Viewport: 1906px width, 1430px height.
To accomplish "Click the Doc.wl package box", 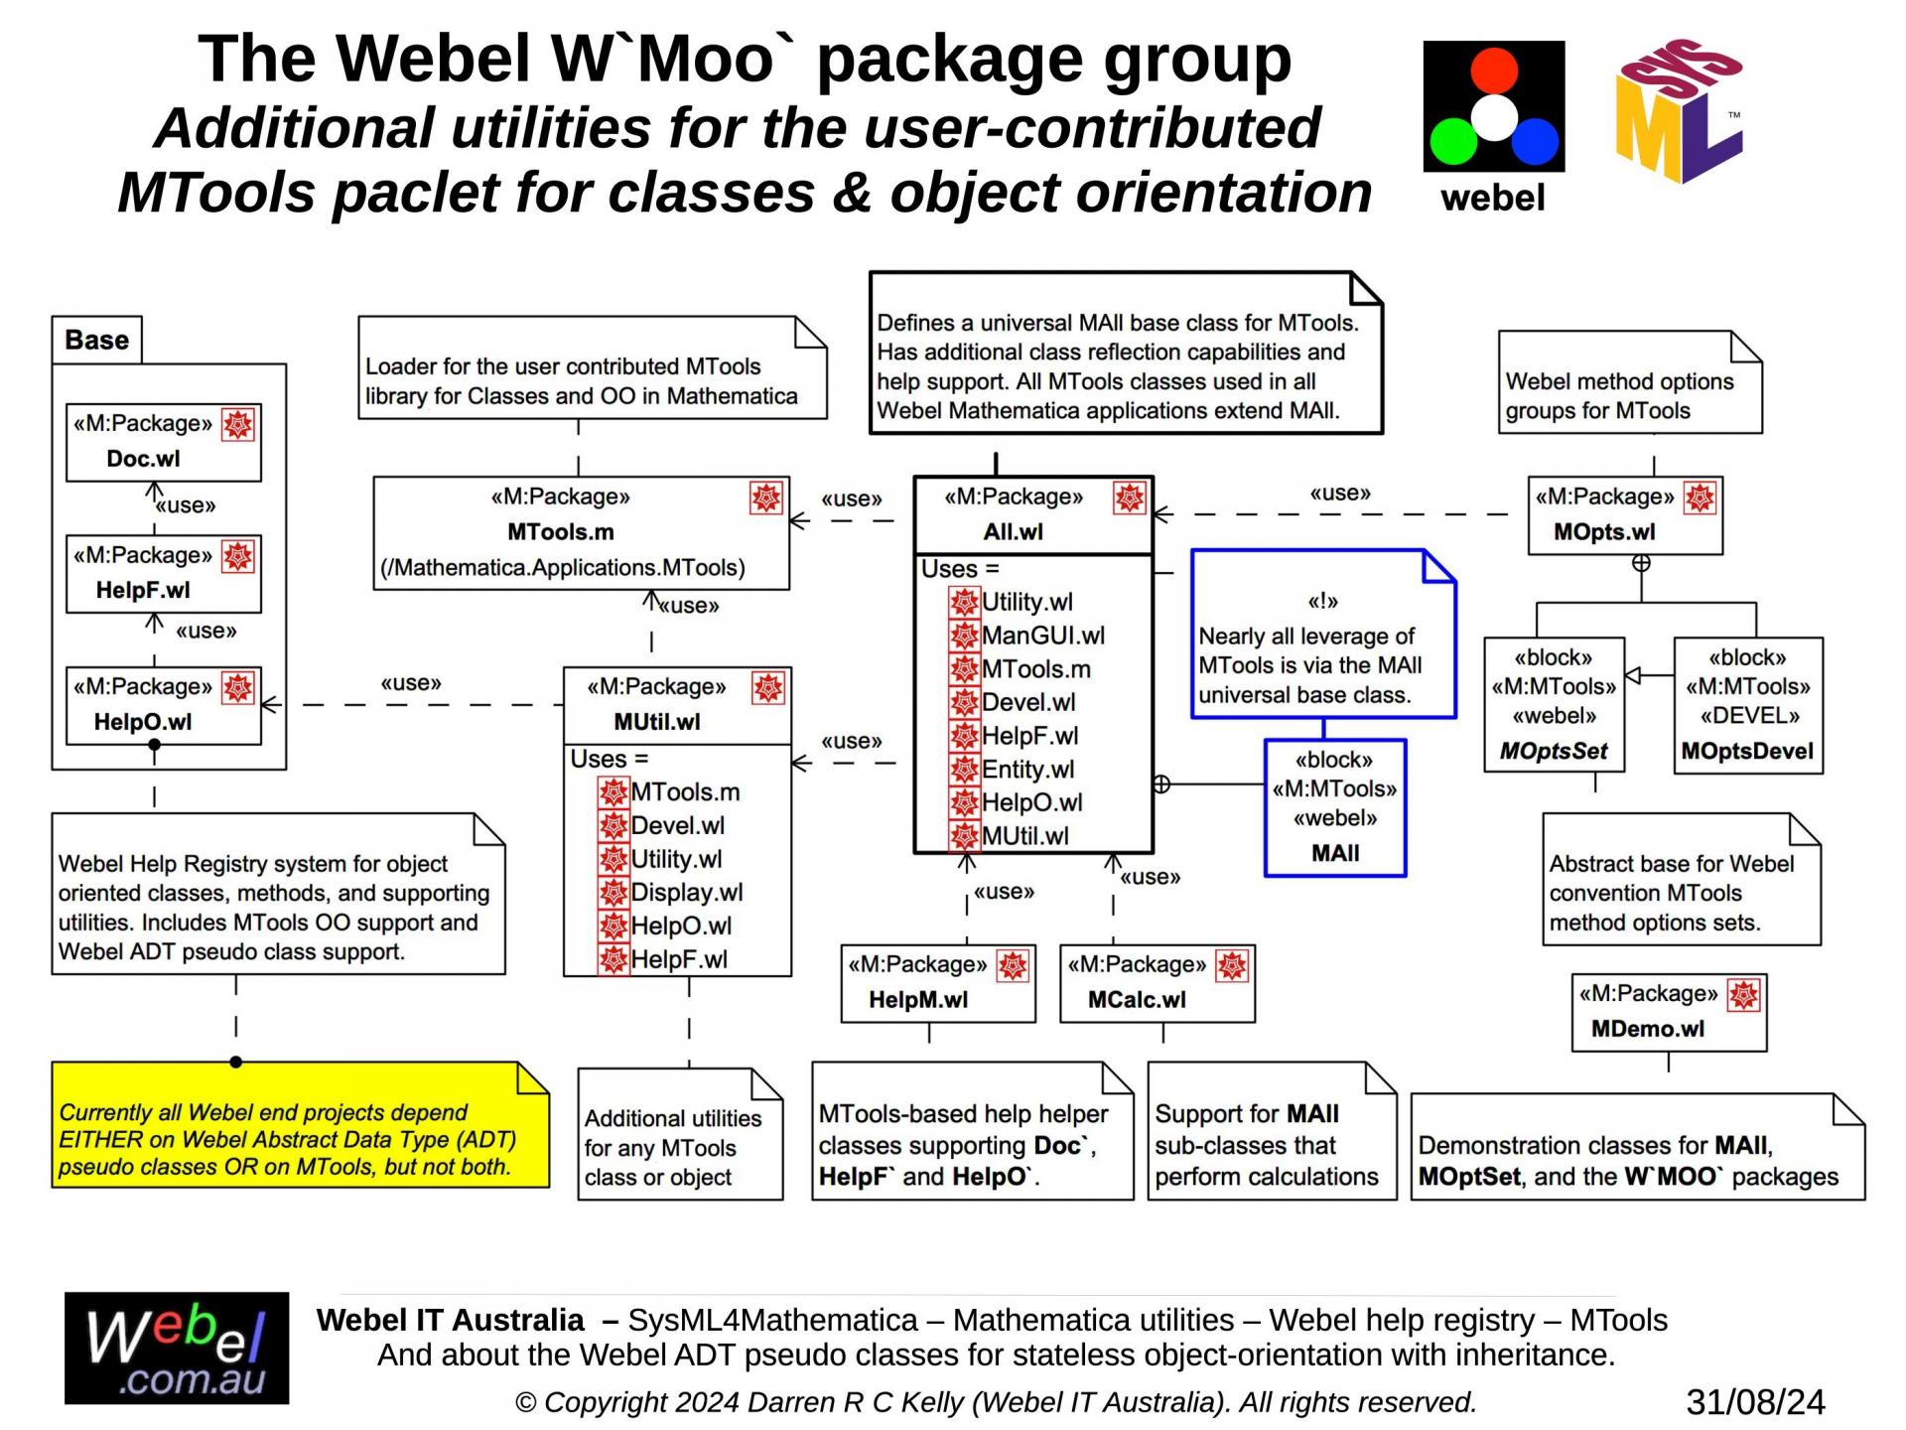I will (163, 442).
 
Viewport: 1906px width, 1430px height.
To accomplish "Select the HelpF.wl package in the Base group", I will (163, 574).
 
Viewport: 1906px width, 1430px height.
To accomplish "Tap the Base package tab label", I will (97, 340).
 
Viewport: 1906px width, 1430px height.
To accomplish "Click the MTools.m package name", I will (560, 532).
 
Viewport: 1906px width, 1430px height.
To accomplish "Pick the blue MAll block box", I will (1334, 807).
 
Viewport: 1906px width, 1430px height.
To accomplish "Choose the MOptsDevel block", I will (1747, 705).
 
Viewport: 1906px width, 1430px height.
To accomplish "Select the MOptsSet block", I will (1554, 705).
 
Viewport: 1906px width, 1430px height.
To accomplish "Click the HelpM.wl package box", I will (937, 983).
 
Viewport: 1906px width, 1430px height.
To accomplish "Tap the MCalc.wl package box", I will (1157, 983).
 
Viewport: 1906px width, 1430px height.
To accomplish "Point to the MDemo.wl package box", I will (1669, 1012).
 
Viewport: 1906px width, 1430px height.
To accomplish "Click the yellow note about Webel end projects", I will (300, 1125).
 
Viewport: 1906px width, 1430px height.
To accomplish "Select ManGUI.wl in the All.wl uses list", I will (1042, 636).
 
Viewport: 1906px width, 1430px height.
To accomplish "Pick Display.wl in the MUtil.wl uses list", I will (686, 893).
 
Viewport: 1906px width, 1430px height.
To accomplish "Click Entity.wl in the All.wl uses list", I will (1027, 770).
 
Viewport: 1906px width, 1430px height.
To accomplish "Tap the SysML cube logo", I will (1679, 111).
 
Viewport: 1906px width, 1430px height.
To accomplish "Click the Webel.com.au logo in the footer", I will (177, 1348).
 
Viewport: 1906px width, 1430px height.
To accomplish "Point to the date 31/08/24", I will (1755, 1402).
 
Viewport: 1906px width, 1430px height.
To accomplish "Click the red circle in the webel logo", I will (1493, 71).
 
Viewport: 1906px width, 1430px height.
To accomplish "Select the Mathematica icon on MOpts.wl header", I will (1700, 498).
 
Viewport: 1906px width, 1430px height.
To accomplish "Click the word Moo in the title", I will (705, 60).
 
